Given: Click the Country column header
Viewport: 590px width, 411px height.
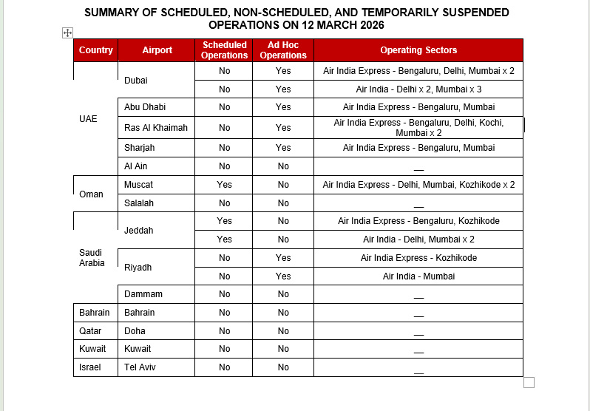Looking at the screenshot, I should coord(95,50).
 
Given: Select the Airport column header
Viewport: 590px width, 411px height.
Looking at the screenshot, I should coord(157,50).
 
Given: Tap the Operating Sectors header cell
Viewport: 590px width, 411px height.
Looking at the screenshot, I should coord(418,50).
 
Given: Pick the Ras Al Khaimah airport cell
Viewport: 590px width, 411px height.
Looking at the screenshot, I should coord(156,128).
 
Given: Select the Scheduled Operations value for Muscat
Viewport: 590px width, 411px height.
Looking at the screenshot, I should coord(224,185).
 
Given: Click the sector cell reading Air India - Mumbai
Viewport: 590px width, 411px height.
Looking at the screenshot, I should coord(418,276).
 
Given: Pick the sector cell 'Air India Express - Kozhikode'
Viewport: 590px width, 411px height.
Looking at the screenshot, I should coord(418,258).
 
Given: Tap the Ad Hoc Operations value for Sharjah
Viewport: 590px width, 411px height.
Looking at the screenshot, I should coord(283,148).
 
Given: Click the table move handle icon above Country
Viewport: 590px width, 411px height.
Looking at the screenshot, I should coord(67,33).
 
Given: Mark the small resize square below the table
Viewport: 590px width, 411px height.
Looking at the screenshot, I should coord(529,382).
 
